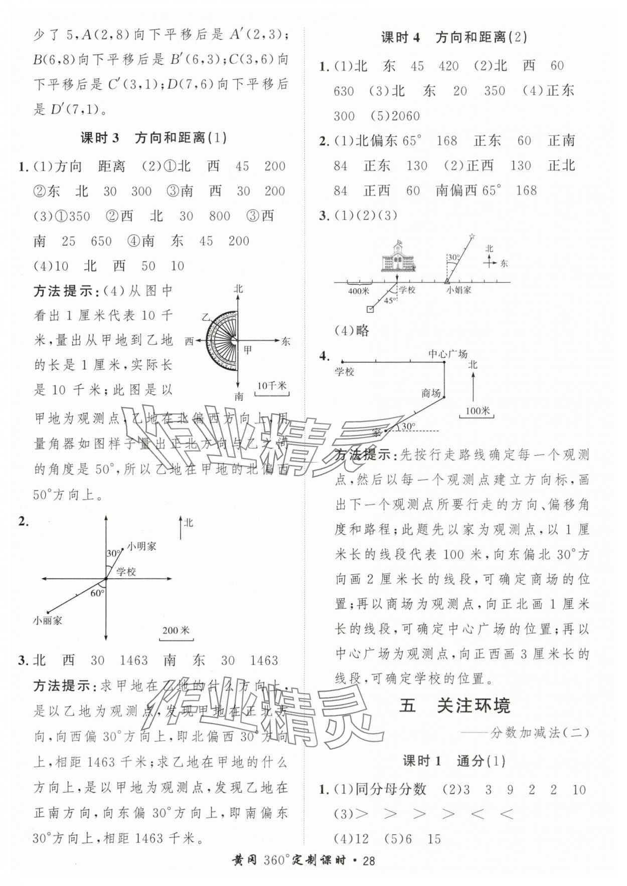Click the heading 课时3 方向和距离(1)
(x=153, y=138)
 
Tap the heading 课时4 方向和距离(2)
(x=454, y=38)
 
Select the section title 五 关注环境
(x=455, y=706)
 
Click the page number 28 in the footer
(x=369, y=860)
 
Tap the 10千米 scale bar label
(x=271, y=386)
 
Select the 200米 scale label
(x=176, y=630)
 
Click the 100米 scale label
(x=477, y=410)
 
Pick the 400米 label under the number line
(x=359, y=291)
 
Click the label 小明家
(x=141, y=546)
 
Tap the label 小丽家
(x=48, y=620)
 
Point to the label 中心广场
(x=448, y=354)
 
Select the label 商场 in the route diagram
(x=431, y=393)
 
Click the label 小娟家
(x=459, y=290)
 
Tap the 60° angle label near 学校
(x=97, y=593)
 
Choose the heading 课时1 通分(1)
(x=454, y=761)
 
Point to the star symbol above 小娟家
(x=472, y=236)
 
